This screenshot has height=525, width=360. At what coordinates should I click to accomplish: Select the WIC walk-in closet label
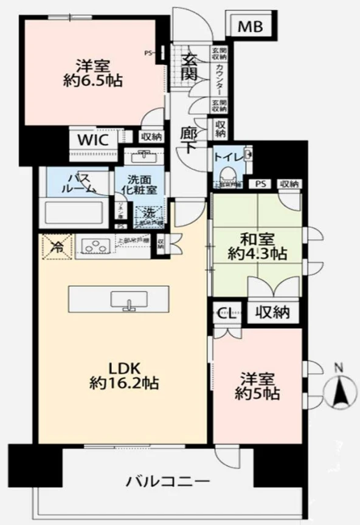pos(92,140)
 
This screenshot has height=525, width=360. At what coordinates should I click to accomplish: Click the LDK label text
pos(125,368)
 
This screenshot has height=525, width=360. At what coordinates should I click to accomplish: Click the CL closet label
pos(226,314)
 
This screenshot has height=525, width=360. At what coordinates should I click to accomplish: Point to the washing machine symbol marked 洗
pos(148,214)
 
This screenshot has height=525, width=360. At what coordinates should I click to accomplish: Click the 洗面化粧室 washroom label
pos(141,185)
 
